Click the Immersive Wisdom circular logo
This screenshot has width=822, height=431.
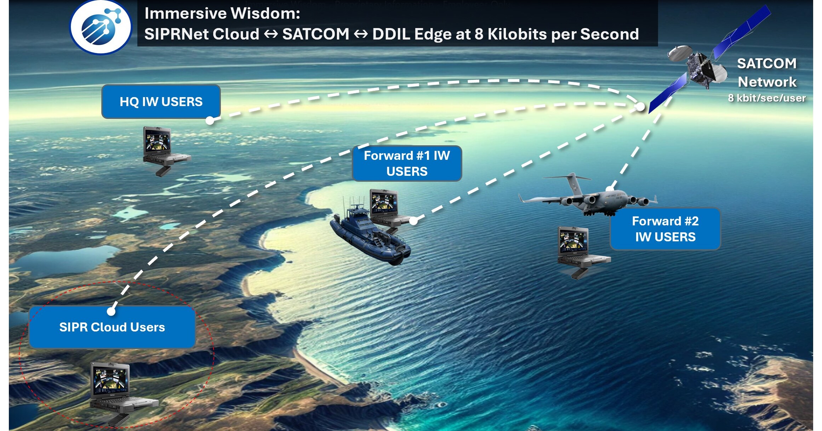[101, 28]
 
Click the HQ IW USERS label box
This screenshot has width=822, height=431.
[161, 102]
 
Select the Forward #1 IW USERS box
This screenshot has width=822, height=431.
[407, 163]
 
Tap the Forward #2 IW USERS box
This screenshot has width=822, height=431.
[665, 229]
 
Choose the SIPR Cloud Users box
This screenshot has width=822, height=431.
[112, 327]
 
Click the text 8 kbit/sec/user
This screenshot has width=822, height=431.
[766, 98]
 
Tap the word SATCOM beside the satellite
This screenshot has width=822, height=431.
[766, 64]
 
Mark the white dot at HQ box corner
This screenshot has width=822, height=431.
[210, 121]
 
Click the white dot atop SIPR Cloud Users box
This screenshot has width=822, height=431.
[111, 311]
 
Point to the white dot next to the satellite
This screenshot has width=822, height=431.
[640, 106]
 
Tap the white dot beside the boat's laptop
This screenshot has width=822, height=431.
[413, 221]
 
